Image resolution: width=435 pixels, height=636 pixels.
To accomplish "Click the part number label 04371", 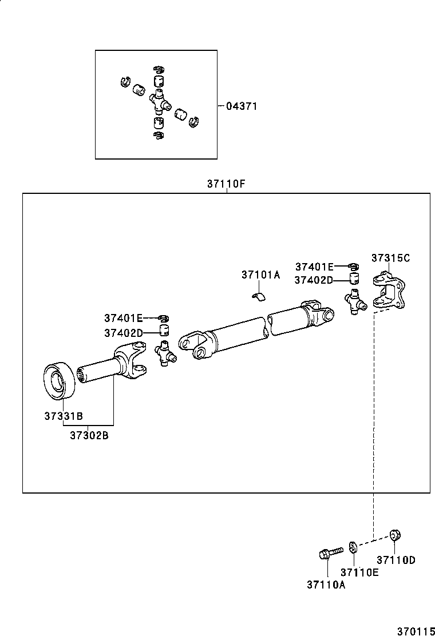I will [x=242, y=106].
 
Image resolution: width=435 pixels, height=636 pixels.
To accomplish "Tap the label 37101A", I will [x=260, y=275].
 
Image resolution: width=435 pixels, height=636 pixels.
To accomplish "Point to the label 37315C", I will [x=390, y=258].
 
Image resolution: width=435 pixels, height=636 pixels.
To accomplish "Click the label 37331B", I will [x=64, y=416].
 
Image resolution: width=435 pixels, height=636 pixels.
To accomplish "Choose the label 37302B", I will [x=89, y=435].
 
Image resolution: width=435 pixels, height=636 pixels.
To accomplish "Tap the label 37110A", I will [x=326, y=584].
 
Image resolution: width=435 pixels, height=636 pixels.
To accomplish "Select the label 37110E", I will [x=359, y=572].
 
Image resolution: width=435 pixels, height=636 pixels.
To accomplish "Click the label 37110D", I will [x=396, y=560].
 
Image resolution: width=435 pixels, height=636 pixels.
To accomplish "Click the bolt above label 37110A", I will [x=329, y=552].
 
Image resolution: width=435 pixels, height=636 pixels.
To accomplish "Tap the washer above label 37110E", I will [x=353, y=547].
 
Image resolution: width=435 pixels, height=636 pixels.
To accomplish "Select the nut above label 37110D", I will [x=394, y=535].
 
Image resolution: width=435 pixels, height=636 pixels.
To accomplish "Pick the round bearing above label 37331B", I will [x=59, y=379].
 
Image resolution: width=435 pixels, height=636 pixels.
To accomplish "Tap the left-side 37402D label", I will [x=122, y=333].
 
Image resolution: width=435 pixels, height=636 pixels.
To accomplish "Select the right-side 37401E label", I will [x=314, y=267].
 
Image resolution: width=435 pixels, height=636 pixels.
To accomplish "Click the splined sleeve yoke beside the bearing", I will [x=114, y=365].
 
